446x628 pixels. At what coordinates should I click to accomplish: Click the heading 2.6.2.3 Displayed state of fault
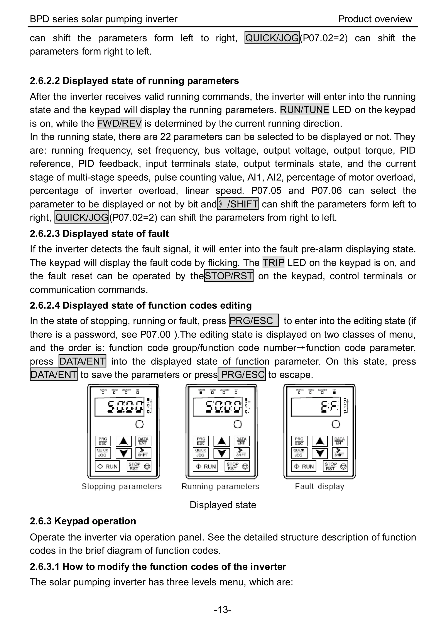pyautogui.click(x=99, y=233)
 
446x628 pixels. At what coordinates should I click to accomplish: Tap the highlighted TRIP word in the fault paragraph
pyautogui.click(x=273, y=263)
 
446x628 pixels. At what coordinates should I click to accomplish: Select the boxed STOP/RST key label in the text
pyautogui.click(x=228, y=276)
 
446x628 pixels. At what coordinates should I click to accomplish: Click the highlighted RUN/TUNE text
pyautogui.click(x=304, y=110)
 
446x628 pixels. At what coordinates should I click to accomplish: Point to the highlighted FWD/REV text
pyautogui.click(x=119, y=123)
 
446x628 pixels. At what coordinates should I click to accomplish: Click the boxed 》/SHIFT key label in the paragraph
pyautogui.click(x=238, y=204)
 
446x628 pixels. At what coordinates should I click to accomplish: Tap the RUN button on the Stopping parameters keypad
pyautogui.click(x=107, y=466)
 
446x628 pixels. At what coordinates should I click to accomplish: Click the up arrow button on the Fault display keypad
pyautogui.click(x=320, y=441)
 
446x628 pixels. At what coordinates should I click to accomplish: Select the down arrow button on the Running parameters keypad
pyautogui.click(x=222, y=453)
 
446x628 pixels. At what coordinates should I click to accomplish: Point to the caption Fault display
pyautogui.click(x=319, y=486)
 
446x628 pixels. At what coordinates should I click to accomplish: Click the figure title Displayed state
pyautogui.click(x=223, y=505)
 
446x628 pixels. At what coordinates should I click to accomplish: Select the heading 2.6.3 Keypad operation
pyautogui.click(x=83, y=521)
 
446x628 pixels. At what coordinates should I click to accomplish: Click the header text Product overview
pyautogui.click(x=375, y=19)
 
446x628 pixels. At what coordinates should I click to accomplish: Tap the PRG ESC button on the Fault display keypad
pyautogui.click(x=299, y=441)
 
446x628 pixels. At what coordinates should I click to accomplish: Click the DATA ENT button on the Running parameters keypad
pyautogui.click(x=241, y=441)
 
